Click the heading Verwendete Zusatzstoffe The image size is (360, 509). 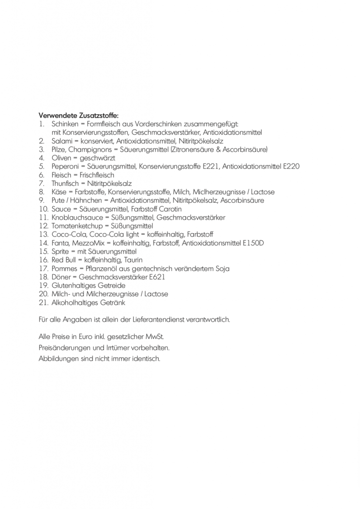(x=79, y=116)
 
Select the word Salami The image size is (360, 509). (x=63, y=141)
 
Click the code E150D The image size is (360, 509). (x=253, y=243)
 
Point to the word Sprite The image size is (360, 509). (x=60, y=252)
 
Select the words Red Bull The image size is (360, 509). (x=64, y=260)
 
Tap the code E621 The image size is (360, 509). (x=156, y=277)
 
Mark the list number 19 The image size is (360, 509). (x=43, y=285)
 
